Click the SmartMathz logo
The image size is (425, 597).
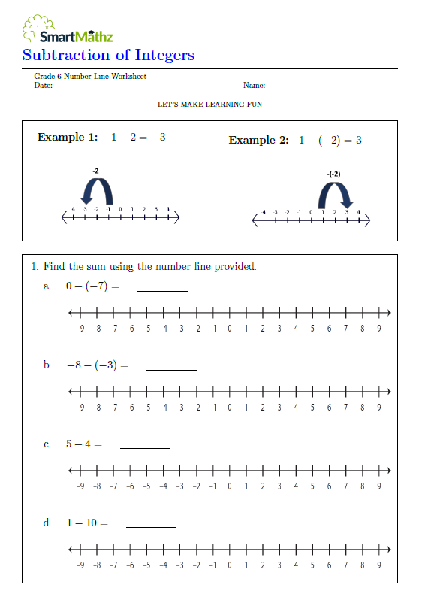[x=67, y=30]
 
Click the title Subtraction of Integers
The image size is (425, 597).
[x=108, y=55]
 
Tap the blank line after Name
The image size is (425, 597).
[x=331, y=89]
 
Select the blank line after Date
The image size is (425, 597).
[x=108, y=89]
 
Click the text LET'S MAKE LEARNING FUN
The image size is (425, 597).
[x=209, y=105]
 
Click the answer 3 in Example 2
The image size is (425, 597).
[x=359, y=140]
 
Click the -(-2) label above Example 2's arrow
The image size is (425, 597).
[x=334, y=174]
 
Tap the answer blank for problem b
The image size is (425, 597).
[x=171, y=368]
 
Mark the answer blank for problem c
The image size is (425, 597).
[x=145, y=447]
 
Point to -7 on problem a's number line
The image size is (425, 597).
[x=113, y=328]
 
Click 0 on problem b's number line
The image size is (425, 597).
[x=229, y=407]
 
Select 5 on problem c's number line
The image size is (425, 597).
[x=312, y=486]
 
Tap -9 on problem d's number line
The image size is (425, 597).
[x=80, y=565]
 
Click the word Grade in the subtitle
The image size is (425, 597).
[x=44, y=77]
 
